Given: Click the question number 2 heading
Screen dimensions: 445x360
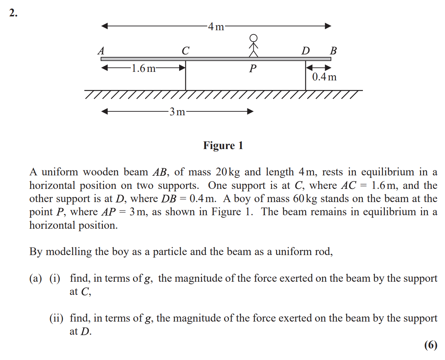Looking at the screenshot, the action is pyautogui.click(x=13, y=13).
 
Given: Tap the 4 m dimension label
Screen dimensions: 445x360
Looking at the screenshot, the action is pyautogui.click(x=216, y=27).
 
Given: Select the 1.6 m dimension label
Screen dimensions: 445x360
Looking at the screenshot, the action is pyautogui.click(x=144, y=68).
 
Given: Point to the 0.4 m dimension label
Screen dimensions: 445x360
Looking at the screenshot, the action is pyautogui.click(x=324, y=77).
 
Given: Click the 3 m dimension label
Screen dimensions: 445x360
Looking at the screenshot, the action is pyautogui.click(x=177, y=112).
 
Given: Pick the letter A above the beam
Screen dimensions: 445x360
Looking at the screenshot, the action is pyautogui.click(x=101, y=51).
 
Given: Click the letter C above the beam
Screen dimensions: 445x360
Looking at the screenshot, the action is pyautogui.click(x=186, y=51).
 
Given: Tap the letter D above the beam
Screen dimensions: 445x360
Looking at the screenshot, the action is pyautogui.click(x=305, y=51).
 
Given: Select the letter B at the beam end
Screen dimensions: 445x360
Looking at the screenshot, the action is pyautogui.click(x=333, y=51).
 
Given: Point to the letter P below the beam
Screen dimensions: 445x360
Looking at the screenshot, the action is pyautogui.click(x=253, y=68).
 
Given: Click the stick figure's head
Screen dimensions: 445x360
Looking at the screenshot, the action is pyautogui.click(x=253, y=38).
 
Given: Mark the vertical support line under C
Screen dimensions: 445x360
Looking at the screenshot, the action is pyautogui.click(x=186, y=75).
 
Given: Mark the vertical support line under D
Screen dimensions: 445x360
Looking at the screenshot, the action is pyautogui.click(x=305, y=75).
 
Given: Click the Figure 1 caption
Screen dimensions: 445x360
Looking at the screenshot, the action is pyautogui.click(x=223, y=145).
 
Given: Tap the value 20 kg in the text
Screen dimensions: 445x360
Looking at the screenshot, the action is pyautogui.click(x=227, y=172).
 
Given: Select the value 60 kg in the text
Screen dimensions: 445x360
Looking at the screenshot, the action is pyautogui.click(x=305, y=199).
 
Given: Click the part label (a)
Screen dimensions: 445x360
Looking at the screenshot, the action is pyautogui.click(x=36, y=279).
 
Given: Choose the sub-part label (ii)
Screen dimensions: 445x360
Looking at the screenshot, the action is pyautogui.click(x=56, y=318).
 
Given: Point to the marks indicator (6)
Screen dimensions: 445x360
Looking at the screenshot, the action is pyautogui.click(x=431, y=345).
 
